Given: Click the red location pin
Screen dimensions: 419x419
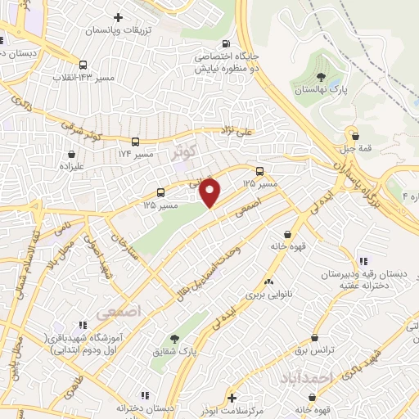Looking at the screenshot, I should pyautogui.click(x=210, y=191).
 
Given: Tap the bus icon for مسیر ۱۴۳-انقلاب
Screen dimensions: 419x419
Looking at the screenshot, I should pyautogui.click(x=83, y=65).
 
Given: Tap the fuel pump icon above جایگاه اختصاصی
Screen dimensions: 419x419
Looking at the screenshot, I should pyautogui.click(x=227, y=45).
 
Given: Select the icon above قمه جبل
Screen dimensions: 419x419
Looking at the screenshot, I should pyautogui.click(x=352, y=132).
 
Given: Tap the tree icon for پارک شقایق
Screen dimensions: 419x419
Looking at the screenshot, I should pyautogui.click(x=173, y=339).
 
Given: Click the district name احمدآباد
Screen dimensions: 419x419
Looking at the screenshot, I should pyautogui.click(x=304, y=378).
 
